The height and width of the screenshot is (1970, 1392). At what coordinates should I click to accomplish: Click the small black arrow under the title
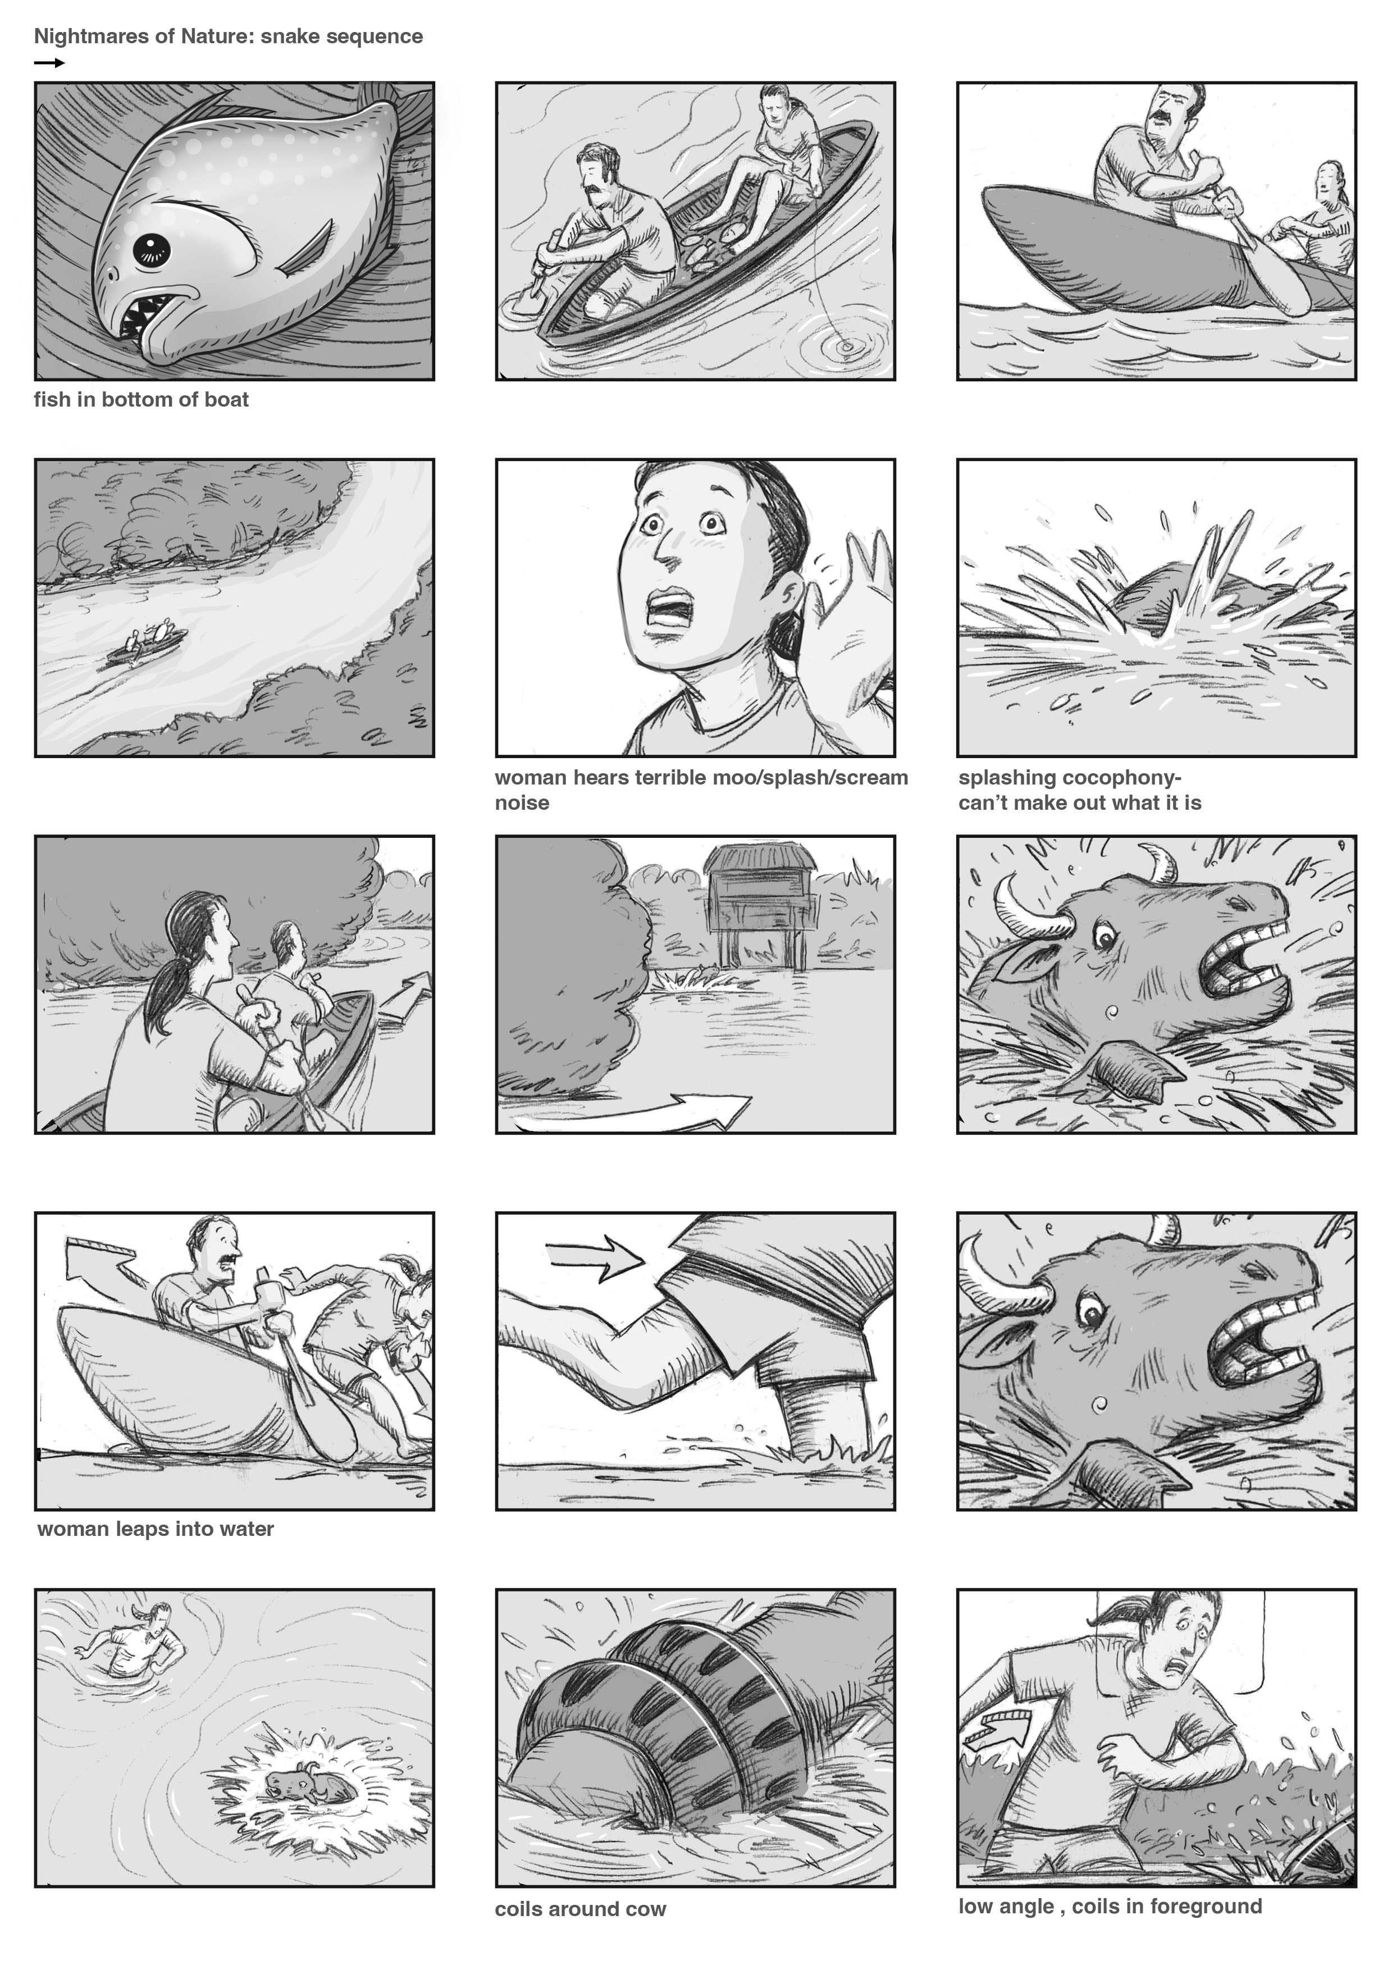coord(50,63)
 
